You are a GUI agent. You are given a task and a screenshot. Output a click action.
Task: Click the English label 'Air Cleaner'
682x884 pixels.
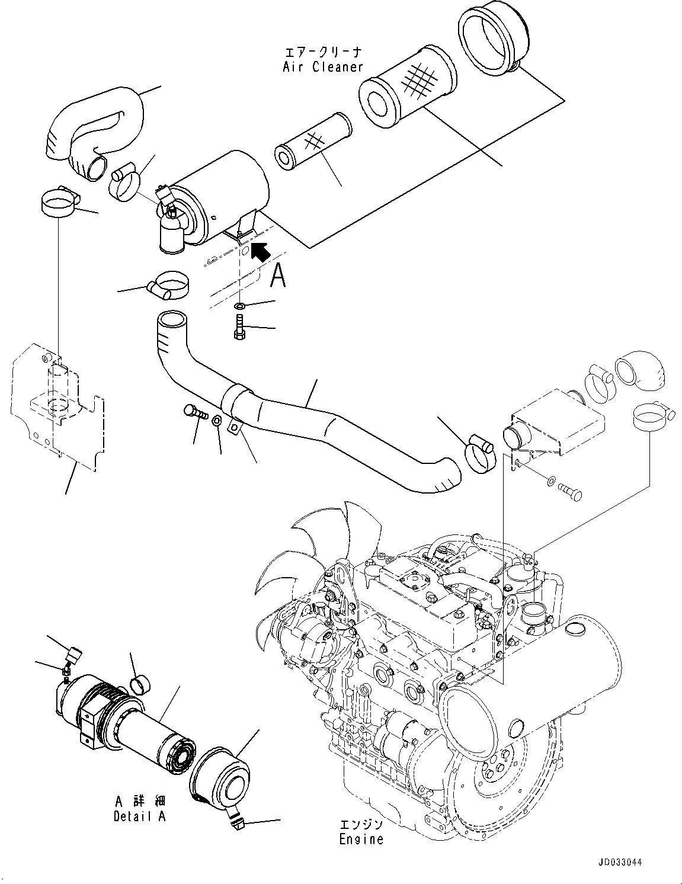point(322,67)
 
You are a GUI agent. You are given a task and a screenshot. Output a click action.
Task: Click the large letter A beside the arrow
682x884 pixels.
point(278,276)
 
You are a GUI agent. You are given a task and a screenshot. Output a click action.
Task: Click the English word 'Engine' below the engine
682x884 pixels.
point(361,840)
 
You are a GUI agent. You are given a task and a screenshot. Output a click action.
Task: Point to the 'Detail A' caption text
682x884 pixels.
point(140,816)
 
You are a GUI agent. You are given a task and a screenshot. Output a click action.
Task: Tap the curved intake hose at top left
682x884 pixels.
point(95,127)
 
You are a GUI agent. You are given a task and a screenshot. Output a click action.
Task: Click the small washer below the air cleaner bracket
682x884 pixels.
point(240,306)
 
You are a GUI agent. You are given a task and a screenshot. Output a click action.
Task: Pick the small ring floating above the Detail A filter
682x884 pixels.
point(142,684)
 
